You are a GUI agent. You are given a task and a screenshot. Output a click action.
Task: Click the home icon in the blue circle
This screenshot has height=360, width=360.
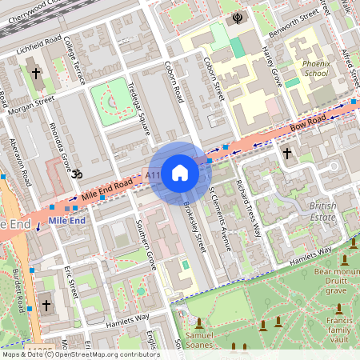pos(180,172)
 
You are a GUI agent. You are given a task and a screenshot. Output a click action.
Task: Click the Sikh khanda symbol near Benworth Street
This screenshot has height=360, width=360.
pos(237,16)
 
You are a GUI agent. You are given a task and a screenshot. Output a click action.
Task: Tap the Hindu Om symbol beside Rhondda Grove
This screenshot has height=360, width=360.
pos(77,174)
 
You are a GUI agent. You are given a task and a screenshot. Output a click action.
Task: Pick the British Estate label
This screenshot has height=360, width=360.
pos(322,212)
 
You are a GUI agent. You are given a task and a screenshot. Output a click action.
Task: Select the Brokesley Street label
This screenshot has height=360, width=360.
pos(194,226)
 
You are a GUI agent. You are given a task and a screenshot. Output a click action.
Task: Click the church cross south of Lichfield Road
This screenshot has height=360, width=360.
pos(35,74)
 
